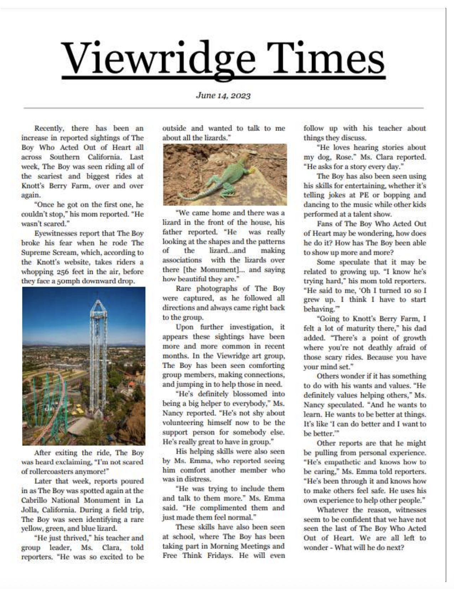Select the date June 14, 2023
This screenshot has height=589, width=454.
pos(223,95)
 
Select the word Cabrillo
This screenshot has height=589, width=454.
pos(37,500)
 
